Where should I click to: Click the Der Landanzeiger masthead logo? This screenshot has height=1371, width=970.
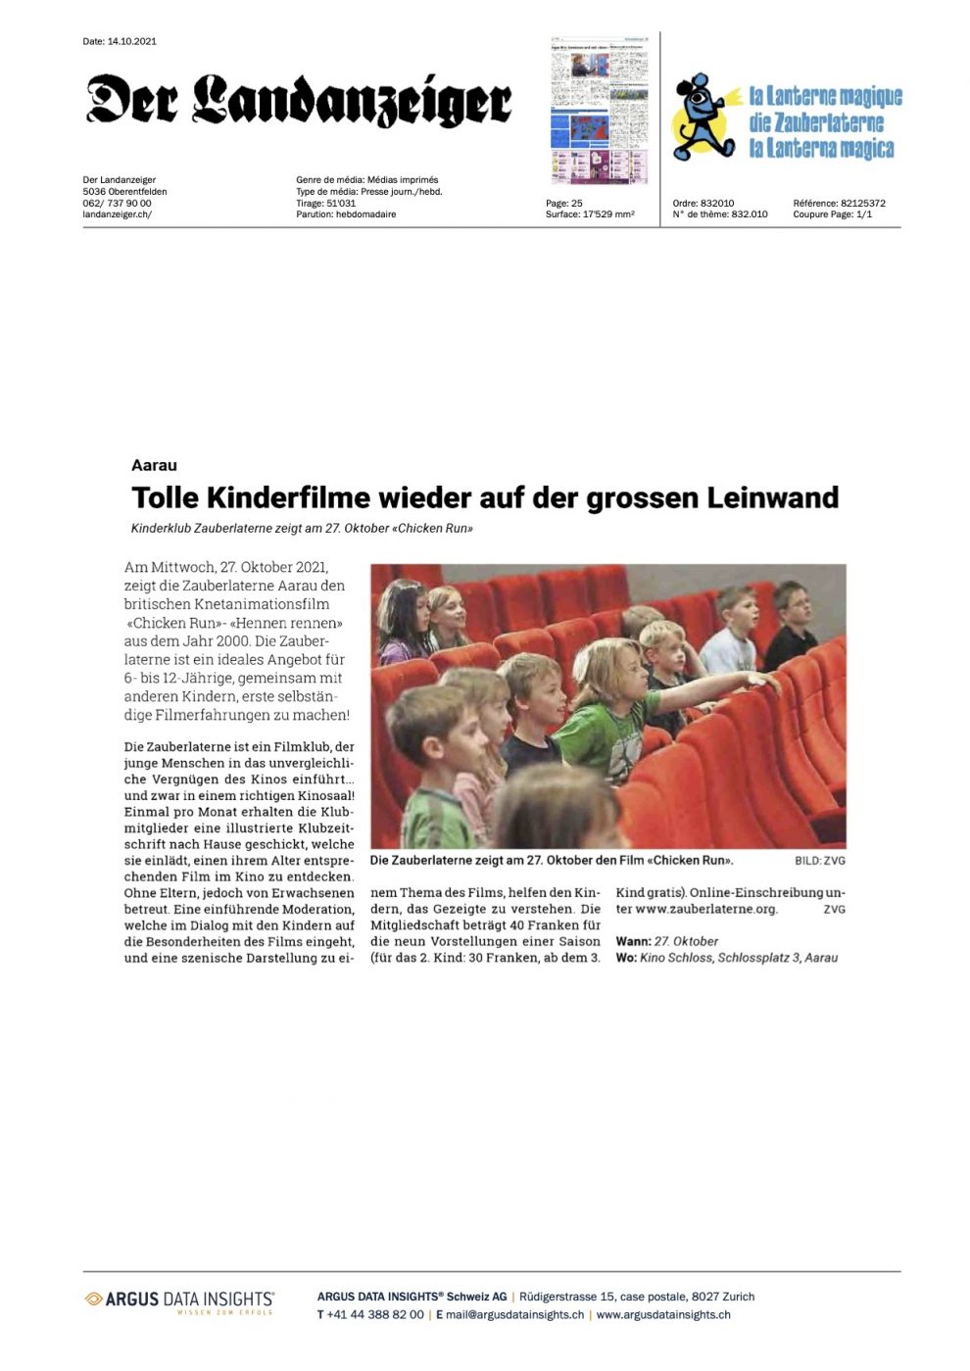(x=299, y=100)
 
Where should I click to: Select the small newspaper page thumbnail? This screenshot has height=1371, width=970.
(x=599, y=110)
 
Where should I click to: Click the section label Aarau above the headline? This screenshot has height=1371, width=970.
(x=154, y=465)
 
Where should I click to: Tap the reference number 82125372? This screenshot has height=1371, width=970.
(x=862, y=204)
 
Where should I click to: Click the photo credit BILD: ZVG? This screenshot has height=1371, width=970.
(x=819, y=861)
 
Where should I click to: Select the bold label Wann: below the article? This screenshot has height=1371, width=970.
(x=633, y=941)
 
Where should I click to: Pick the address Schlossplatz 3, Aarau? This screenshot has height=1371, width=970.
(x=777, y=958)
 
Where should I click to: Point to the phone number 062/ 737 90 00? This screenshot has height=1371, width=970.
(x=118, y=203)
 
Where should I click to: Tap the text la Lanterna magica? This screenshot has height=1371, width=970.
(x=821, y=149)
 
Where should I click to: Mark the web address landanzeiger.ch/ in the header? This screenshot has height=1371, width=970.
(x=118, y=213)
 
